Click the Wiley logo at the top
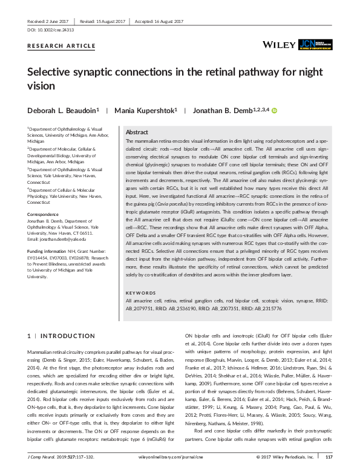point(280,45)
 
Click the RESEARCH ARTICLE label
point(61,46)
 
